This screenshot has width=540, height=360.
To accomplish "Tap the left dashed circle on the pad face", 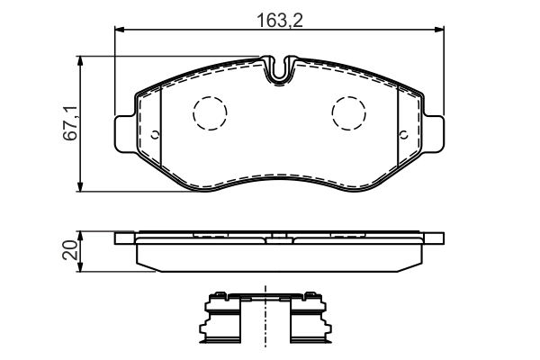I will [211, 112].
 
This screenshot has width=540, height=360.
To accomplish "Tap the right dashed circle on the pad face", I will [348, 112].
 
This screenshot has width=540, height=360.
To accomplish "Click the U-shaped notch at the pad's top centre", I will [281, 69].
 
